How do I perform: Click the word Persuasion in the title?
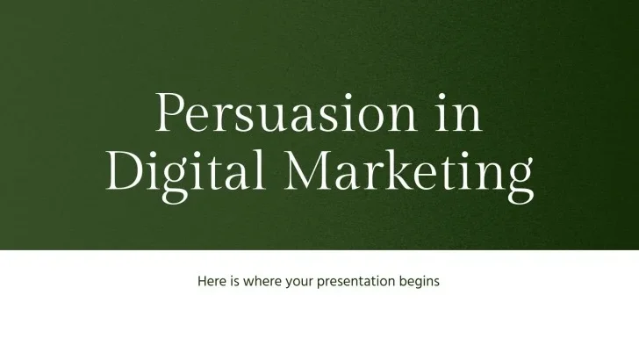(286, 112)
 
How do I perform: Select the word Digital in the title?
(185, 171)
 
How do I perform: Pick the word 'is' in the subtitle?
(234, 281)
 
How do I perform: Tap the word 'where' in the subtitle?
(262, 281)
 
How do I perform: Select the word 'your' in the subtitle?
(299, 283)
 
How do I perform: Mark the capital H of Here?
(202, 281)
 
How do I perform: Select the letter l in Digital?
(259, 169)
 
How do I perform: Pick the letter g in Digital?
(176, 183)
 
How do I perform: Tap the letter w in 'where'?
(249, 283)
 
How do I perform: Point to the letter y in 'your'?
(290, 284)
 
